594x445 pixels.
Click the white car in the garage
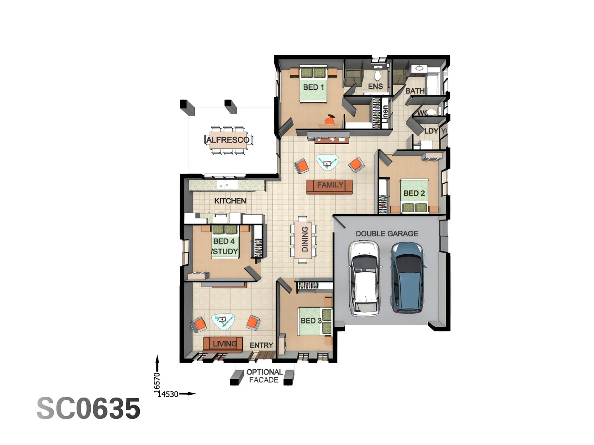364,279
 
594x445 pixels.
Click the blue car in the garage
407,277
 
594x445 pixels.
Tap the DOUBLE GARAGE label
387,234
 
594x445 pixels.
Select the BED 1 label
313,87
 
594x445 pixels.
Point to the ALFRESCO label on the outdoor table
228,140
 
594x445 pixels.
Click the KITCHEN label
230,201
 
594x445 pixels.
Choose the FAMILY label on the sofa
330,185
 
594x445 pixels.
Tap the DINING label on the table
305,239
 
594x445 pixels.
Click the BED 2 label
414,193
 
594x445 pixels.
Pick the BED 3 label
311,321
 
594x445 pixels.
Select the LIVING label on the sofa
224,344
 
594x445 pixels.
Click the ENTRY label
261,345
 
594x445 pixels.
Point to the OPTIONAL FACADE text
264,376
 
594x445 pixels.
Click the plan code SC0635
88,409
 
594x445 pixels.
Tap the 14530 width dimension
168,394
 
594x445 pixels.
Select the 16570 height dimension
157,382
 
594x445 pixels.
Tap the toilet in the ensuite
377,75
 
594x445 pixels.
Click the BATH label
415,91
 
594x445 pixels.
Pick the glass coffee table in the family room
327,162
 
